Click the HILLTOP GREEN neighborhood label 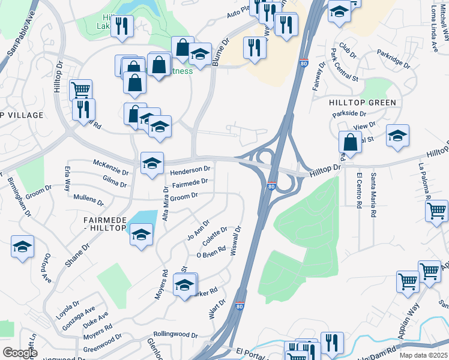tap(363, 103)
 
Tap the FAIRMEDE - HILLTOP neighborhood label tap(104, 224)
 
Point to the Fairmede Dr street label tap(190, 181)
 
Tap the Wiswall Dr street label tap(236, 239)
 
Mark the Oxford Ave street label tap(46, 269)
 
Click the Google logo tap(20, 353)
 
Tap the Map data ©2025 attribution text tap(424, 355)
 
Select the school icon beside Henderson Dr tap(152, 163)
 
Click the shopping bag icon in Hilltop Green tap(351, 142)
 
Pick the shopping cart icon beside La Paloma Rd tap(436, 211)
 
